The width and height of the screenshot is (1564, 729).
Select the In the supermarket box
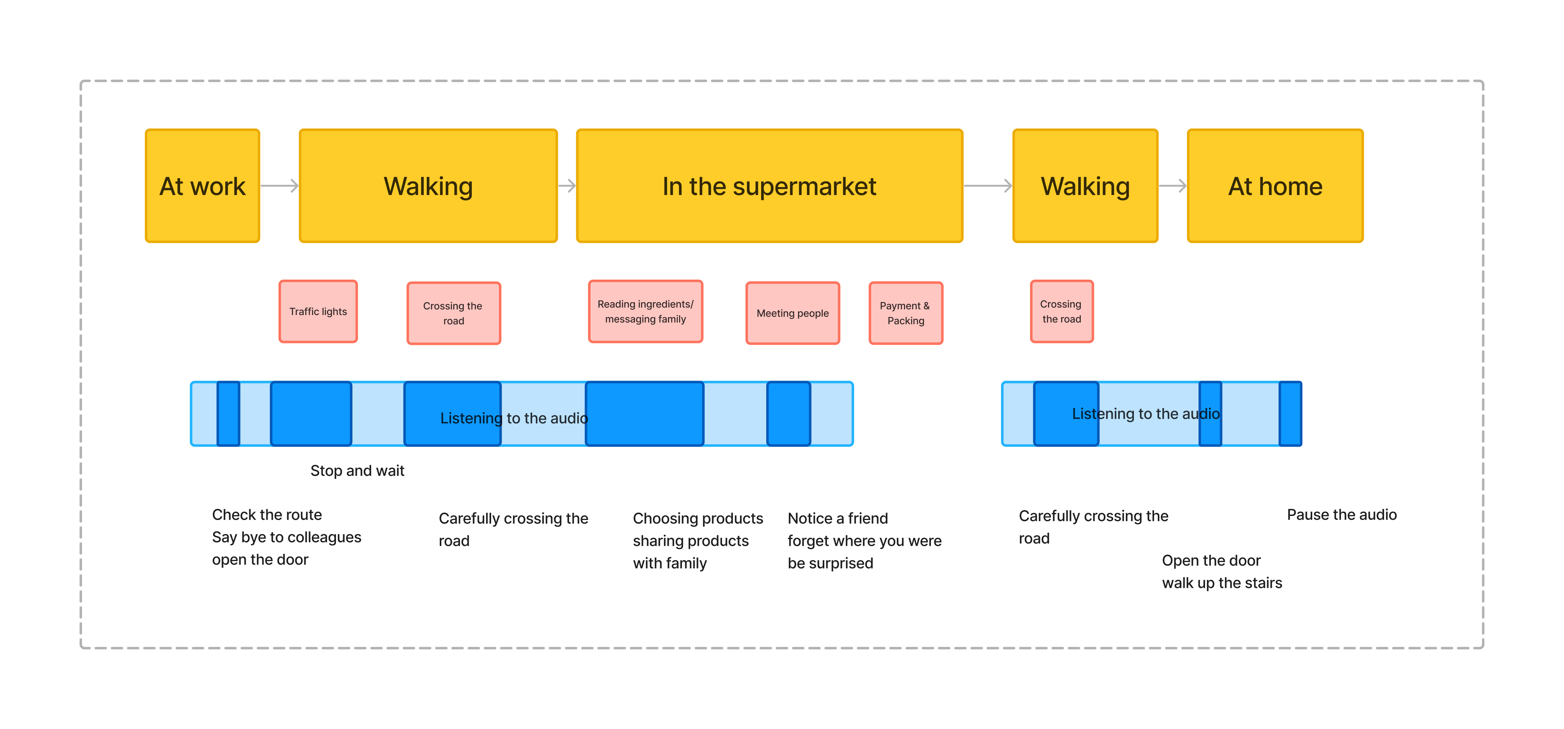point(769,186)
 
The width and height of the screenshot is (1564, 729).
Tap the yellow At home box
point(1275,186)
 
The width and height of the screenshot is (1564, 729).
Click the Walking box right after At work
point(428,186)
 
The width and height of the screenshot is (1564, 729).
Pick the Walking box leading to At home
point(1085,186)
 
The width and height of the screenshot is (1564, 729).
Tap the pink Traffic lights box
point(318,312)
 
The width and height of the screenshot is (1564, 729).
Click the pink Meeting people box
point(792,313)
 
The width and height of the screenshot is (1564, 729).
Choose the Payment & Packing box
point(905,313)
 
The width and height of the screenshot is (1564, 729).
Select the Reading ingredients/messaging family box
point(645,312)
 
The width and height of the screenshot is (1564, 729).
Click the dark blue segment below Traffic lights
point(311,414)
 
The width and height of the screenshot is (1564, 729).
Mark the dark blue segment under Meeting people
point(789,414)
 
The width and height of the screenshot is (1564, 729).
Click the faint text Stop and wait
point(357,471)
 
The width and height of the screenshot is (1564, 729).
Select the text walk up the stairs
point(1221,583)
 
